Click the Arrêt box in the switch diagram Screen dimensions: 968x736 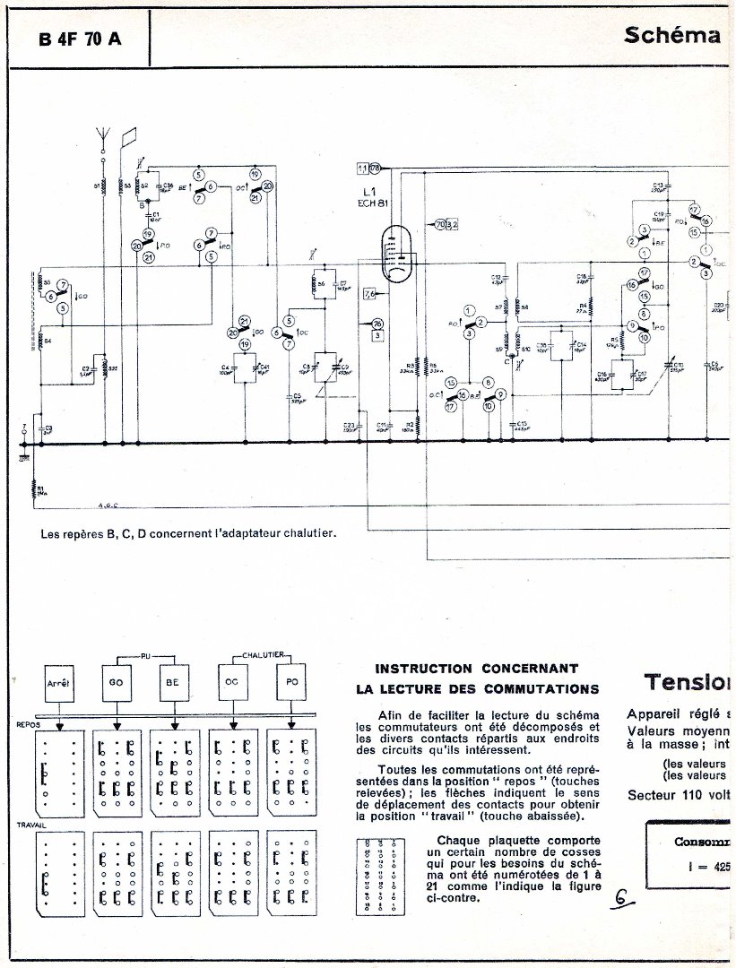(57, 683)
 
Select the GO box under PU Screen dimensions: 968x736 (117, 683)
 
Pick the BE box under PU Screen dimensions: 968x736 (172, 683)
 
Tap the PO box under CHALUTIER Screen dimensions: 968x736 (290, 683)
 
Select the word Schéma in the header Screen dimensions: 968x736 (672, 36)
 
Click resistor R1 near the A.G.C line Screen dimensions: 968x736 (33, 489)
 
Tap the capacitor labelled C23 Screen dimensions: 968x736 (351, 426)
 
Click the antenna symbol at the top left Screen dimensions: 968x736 (103, 139)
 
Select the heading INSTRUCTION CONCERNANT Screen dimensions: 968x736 (474, 668)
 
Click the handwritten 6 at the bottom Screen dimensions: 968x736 (619, 897)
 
